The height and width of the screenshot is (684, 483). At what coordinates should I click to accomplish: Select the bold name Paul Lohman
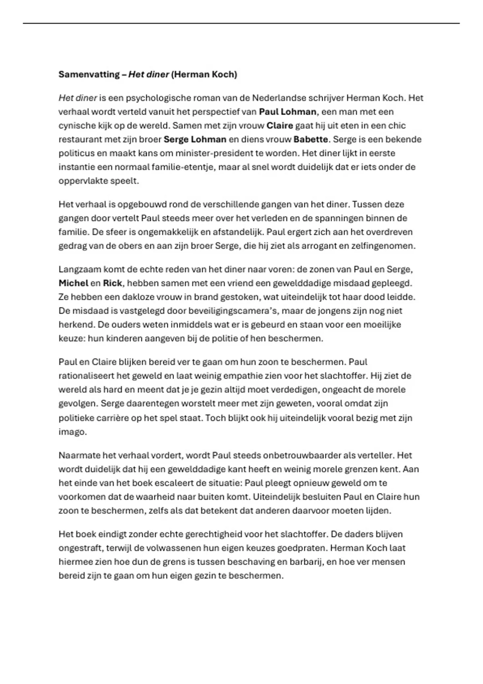coord(287,112)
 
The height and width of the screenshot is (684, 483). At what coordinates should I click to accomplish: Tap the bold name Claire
coord(280,126)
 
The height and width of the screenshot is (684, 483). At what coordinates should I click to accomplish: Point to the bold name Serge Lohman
coord(195,140)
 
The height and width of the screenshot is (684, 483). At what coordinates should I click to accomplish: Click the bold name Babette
coord(311,140)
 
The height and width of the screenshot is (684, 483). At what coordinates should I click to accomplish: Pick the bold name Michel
coord(73,283)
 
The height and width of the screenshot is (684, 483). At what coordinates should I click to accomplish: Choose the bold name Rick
coord(112,283)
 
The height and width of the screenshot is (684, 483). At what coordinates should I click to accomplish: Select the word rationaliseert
coord(86,376)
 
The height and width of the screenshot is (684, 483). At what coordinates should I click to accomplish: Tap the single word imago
coord(72,432)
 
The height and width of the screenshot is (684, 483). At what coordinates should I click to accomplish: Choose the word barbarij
coord(305,562)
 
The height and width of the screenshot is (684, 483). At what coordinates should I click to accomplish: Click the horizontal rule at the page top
coord(242,23)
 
